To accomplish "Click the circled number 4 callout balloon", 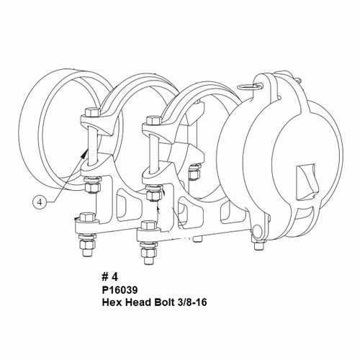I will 40,202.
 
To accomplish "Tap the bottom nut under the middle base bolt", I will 145,253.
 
